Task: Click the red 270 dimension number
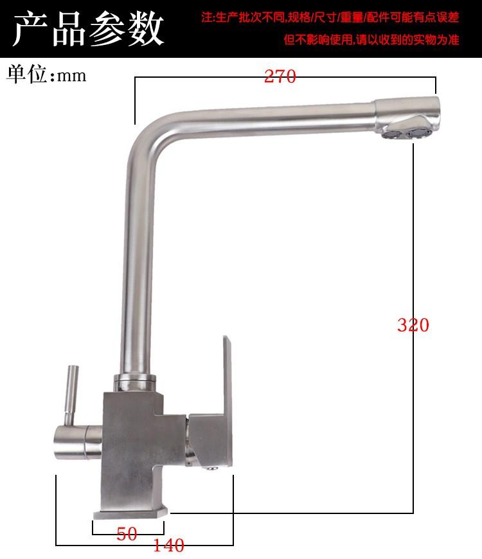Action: [280, 76]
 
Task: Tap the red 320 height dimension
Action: [413, 324]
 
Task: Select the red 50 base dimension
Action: [127, 534]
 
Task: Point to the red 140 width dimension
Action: [168, 545]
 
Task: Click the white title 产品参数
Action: [88, 28]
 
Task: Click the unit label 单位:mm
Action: [46, 74]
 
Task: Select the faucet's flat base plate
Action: [130, 513]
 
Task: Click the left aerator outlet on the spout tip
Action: [391, 134]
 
